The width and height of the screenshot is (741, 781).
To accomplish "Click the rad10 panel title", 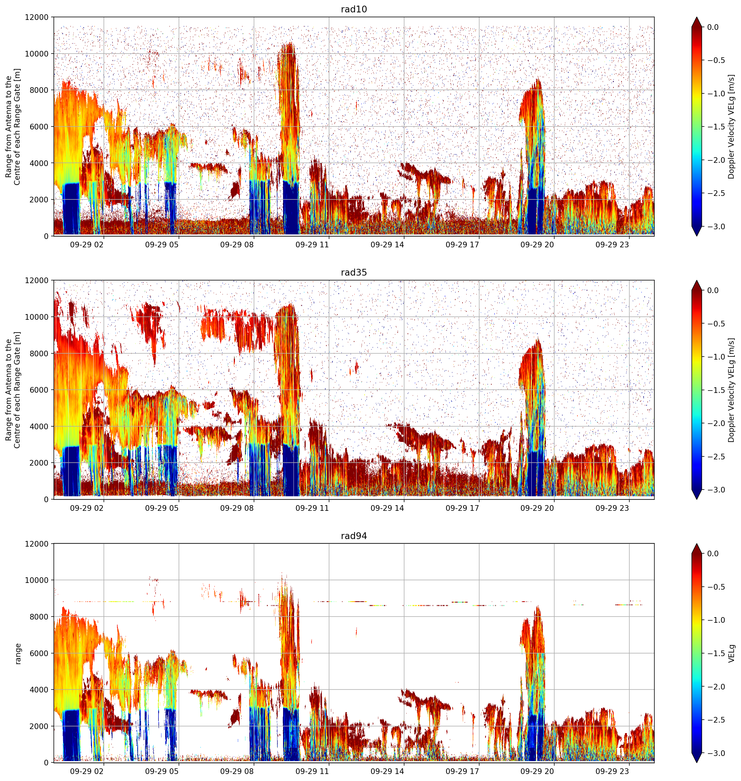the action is tap(354, 9).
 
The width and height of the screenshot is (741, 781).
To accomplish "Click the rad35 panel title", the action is tap(354, 273).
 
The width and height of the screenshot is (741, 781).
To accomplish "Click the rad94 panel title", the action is tap(354, 536).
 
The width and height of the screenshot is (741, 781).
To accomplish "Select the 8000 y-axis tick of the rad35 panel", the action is tap(40, 354).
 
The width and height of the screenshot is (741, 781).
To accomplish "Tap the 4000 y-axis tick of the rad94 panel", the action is tap(40, 690).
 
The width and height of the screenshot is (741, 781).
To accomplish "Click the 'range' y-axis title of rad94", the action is tap(18, 653).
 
